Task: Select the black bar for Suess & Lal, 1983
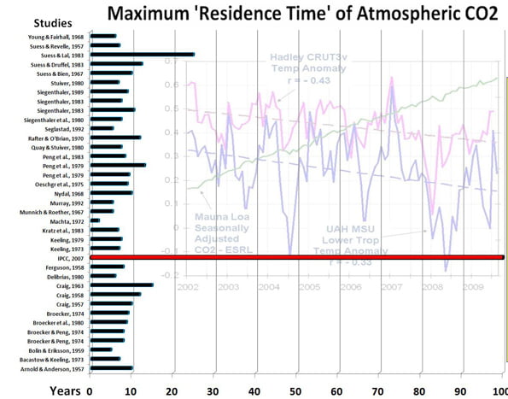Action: pos(141,54)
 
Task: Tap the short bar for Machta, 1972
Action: pos(94,220)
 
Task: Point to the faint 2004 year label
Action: pos(267,286)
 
